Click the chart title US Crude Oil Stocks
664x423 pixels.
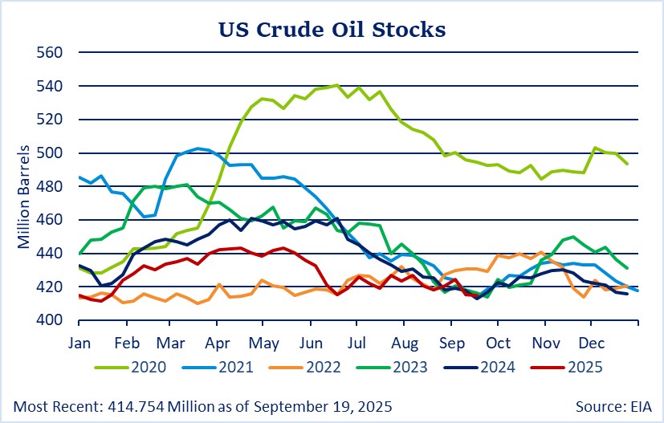pos(332,30)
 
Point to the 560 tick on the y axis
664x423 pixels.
pos(52,53)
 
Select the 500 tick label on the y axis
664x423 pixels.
pos(52,153)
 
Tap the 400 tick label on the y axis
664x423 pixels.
pos(52,320)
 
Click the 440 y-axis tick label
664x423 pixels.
pos(52,254)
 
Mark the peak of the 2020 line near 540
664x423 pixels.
pos(336,85)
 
